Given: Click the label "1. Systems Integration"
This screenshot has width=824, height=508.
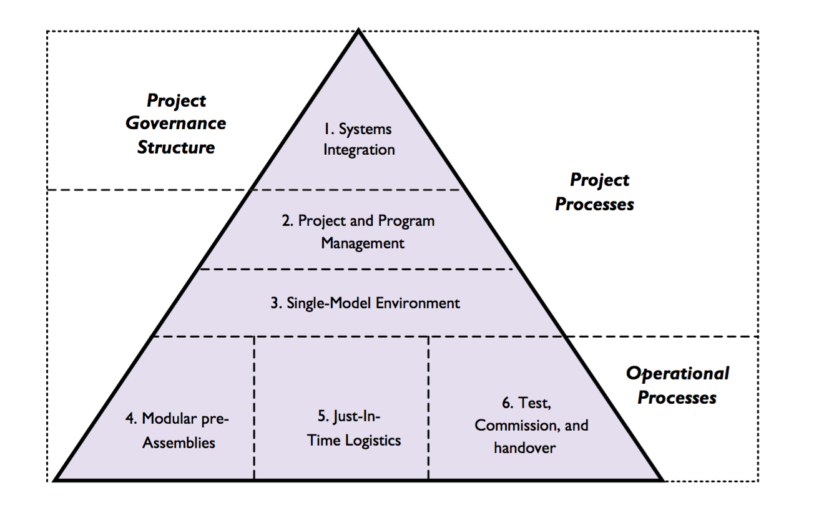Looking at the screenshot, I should coord(358,139).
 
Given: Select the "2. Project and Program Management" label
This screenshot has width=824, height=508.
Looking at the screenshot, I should coord(358,232).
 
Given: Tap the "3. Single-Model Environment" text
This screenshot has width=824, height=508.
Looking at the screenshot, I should coord(365,303).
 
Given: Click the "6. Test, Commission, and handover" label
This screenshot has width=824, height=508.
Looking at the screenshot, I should coord(531,425).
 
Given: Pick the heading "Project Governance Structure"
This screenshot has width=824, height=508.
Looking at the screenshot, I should coord(176,124).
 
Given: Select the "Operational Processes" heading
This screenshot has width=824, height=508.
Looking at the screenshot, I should coord(677,385).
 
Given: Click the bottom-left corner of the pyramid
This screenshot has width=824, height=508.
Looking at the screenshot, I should coord(56,480).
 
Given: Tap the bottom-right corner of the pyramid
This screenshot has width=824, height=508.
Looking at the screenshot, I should coord(661,480).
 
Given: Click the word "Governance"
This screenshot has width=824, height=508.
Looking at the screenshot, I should coord(176,124).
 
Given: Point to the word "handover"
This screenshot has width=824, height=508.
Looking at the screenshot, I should coord(524,447).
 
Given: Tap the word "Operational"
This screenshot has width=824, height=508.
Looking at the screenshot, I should coord(677,374).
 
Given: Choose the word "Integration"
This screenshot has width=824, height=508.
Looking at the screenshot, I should coord(359,150).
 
